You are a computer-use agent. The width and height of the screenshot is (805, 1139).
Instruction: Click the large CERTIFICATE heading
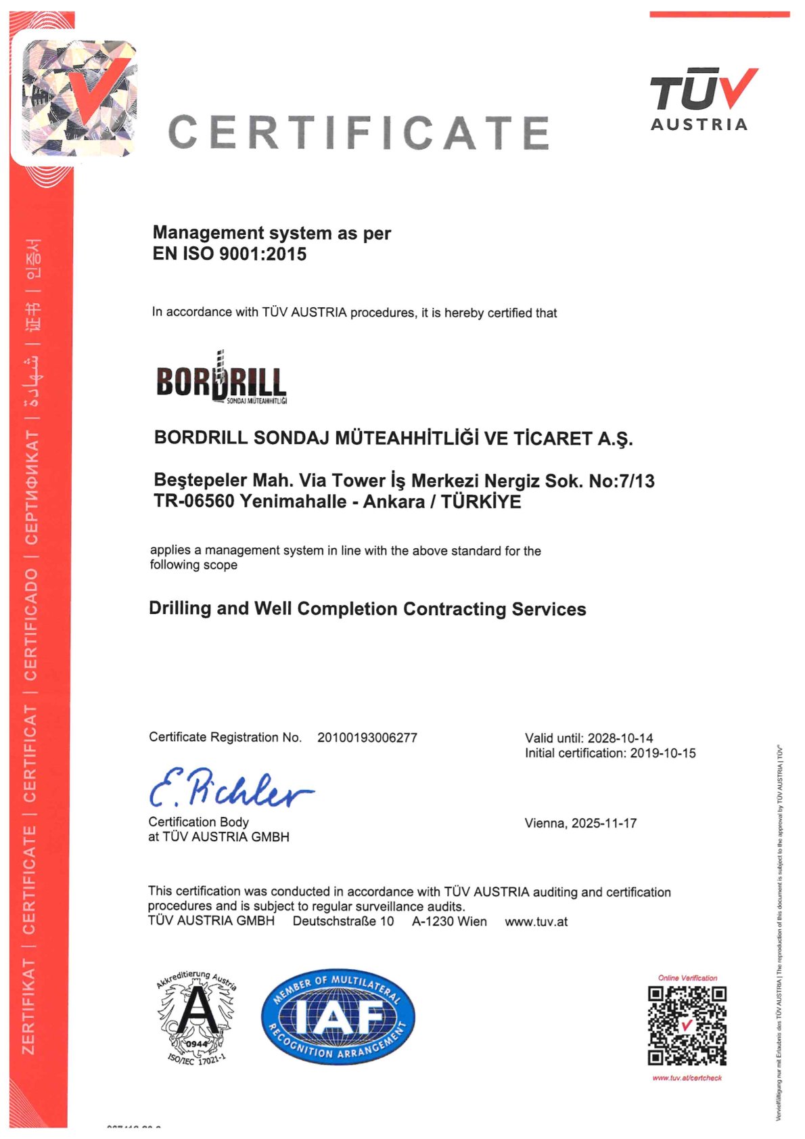click(359, 132)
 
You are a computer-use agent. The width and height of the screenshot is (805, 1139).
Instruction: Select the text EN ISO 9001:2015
click(229, 254)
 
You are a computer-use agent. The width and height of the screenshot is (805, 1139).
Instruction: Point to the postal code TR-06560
click(194, 501)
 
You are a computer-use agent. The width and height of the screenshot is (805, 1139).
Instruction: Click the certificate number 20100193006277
click(367, 738)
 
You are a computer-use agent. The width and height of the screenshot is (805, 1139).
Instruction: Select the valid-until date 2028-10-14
click(620, 738)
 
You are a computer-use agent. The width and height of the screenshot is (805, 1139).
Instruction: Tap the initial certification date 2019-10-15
click(662, 753)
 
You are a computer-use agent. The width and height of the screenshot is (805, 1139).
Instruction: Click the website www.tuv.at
click(536, 922)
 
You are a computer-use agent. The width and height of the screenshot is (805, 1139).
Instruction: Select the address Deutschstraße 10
click(343, 922)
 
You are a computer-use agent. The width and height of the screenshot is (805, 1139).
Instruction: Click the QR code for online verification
click(687, 1025)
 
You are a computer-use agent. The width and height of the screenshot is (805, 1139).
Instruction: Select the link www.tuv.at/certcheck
click(687, 1078)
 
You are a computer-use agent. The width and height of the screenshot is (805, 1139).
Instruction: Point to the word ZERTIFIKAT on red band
click(29, 1006)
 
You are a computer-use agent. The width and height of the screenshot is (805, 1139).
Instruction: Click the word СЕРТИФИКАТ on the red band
click(31, 487)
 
